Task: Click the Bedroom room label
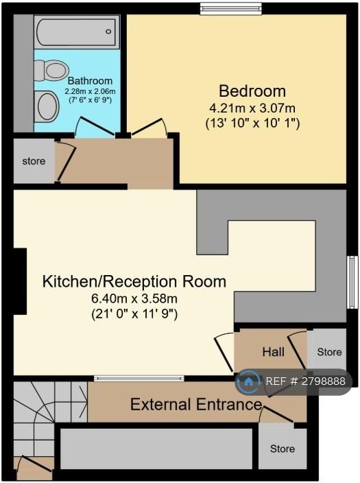tap(252, 91)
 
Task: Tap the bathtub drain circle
tap(108, 32)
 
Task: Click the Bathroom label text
tap(90, 81)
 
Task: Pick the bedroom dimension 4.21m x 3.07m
tap(252, 108)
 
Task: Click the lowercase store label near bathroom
tap(34, 161)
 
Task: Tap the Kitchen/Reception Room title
tap(134, 281)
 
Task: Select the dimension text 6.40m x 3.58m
tap(134, 298)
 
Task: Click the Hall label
tap(273, 352)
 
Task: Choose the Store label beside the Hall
tap(329, 352)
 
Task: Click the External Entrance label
tap(196, 404)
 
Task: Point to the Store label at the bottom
tap(283, 449)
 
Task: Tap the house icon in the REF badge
tap(248, 382)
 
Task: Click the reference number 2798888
tap(323, 381)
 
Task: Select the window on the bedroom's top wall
tap(231, 9)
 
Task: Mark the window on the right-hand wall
tap(352, 282)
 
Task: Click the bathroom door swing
tap(95, 127)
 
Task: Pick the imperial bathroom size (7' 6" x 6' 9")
tap(90, 100)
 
